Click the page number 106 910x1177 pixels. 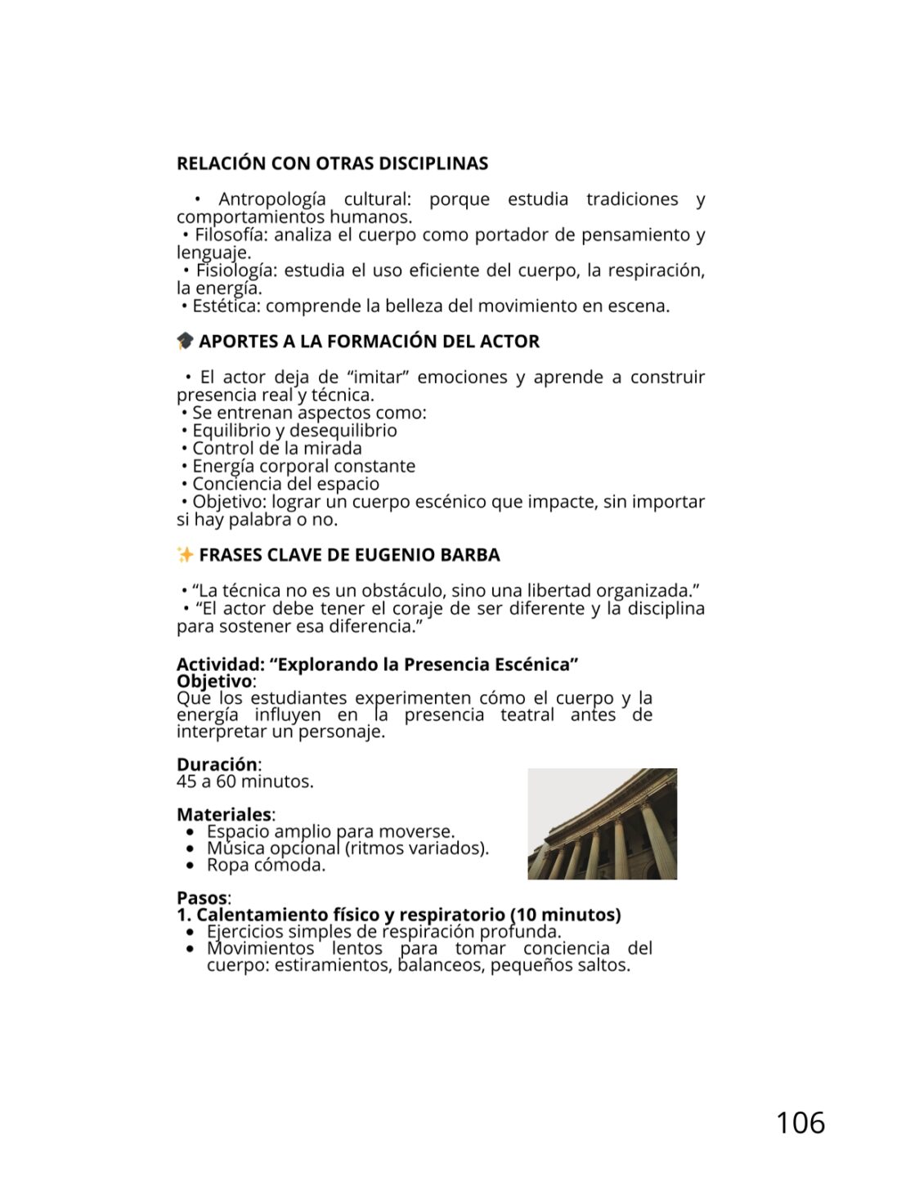tap(800, 1123)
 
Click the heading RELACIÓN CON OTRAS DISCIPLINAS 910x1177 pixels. tap(332, 163)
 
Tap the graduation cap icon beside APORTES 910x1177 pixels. tap(186, 341)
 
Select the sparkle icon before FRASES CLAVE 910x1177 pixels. tap(186, 555)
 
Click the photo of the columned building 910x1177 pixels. tap(602, 824)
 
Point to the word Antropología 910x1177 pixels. tap(271, 199)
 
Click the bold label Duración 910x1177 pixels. tap(217, 764)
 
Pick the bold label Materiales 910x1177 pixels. tap(223, 814)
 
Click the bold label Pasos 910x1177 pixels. tap(201, 897)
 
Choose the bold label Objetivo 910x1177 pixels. tap(214, 681)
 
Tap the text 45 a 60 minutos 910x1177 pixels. tap(244, 781)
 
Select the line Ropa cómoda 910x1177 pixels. tap(266, 865)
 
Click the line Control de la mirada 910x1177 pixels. tap(276, 449)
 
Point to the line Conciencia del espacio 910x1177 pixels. tap(285, 484)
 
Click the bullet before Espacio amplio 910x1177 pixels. tap(191, 832)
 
